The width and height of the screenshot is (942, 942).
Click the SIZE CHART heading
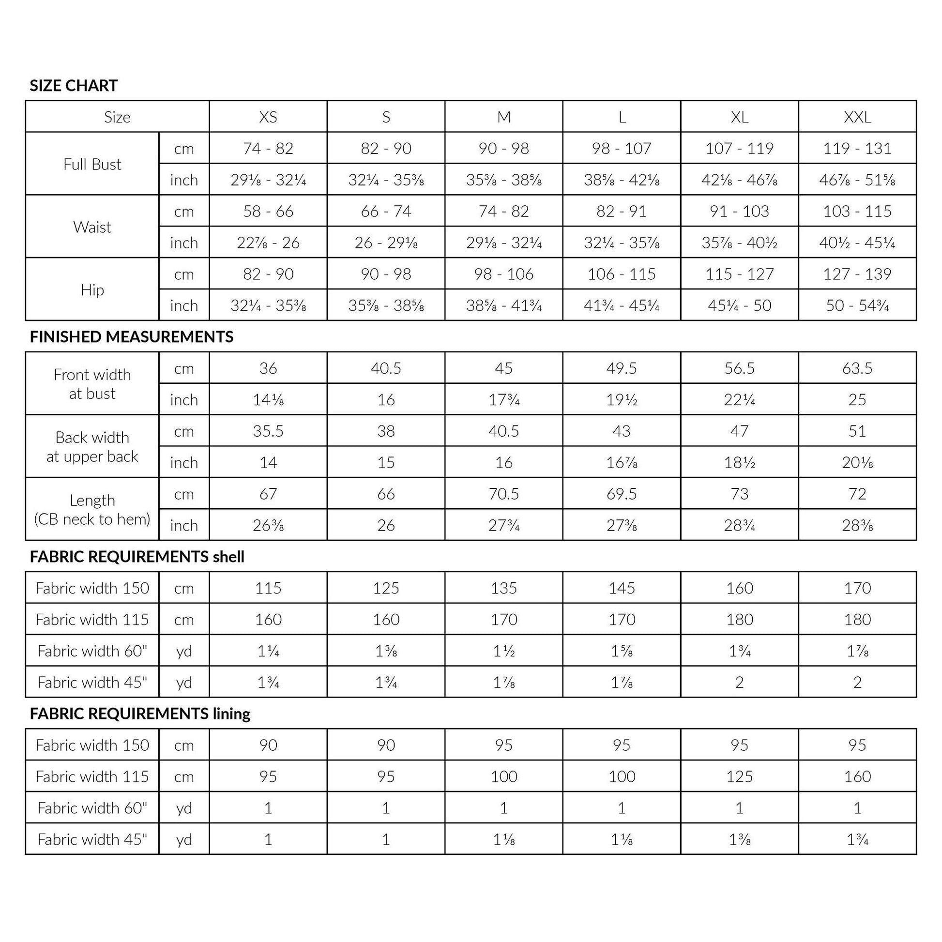click(x=74, y=86)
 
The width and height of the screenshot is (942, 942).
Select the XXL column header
click(x=857, y=117)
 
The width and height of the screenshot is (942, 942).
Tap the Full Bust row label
click(x=92, y=164)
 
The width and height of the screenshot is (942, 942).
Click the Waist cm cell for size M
click(x=503, y=211)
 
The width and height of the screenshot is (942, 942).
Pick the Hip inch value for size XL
click(x=739, y=305)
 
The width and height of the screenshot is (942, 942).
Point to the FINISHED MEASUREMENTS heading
click(x=132, y=337)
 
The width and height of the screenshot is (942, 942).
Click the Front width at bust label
click(x=92, y=384)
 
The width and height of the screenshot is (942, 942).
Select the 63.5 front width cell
click(x=857, y=368)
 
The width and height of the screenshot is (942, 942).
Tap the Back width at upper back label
click(x=92, y=447)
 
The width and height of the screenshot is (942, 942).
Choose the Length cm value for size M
click(x=503, y=494)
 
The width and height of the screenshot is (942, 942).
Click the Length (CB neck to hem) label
click(x=92, y=510)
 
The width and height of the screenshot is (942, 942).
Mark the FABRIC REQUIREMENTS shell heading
click(x=137, y=557)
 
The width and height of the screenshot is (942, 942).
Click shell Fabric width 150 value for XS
click(x=268, y=588)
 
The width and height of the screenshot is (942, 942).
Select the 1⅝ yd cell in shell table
click(x=622, y=651)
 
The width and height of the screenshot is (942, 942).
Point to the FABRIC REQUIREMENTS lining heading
click(x=140, y=714)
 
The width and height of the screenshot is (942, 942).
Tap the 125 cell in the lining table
click(x=739, y=777)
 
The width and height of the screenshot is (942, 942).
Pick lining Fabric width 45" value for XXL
click(x=857, y=839)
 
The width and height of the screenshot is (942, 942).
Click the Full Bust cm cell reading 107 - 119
click(x=739, y=148)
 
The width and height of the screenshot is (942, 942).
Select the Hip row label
click(x=92, y=290)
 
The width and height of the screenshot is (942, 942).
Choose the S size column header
click(x=386, y=117)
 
